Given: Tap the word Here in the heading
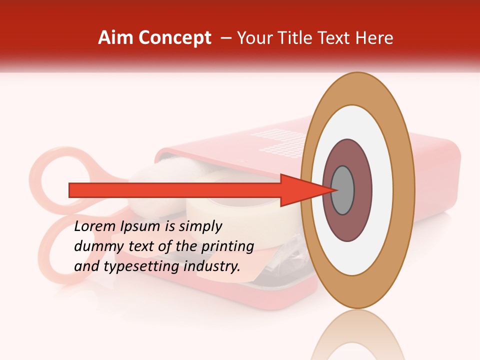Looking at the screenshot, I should coord(375,38).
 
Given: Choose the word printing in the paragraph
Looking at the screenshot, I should coord(227,247).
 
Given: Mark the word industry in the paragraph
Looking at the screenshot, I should coord(212,266).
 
